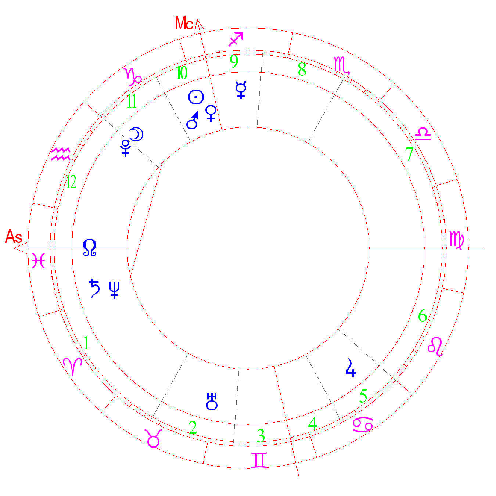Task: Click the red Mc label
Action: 184,24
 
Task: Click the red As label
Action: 14,237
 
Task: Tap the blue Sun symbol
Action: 196,97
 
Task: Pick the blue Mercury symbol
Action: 241,90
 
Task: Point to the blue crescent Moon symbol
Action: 136,134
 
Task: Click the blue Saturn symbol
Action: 95,288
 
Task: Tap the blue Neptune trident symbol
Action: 114,290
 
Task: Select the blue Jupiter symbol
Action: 351,368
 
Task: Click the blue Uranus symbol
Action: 212,402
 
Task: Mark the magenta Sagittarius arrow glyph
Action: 236,39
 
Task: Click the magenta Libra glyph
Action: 423,134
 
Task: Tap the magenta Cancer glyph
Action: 363,425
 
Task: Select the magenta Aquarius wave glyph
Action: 61,154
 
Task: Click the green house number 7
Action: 409,154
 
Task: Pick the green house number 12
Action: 71,181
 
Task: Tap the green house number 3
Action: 261,436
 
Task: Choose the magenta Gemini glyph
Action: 259,460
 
